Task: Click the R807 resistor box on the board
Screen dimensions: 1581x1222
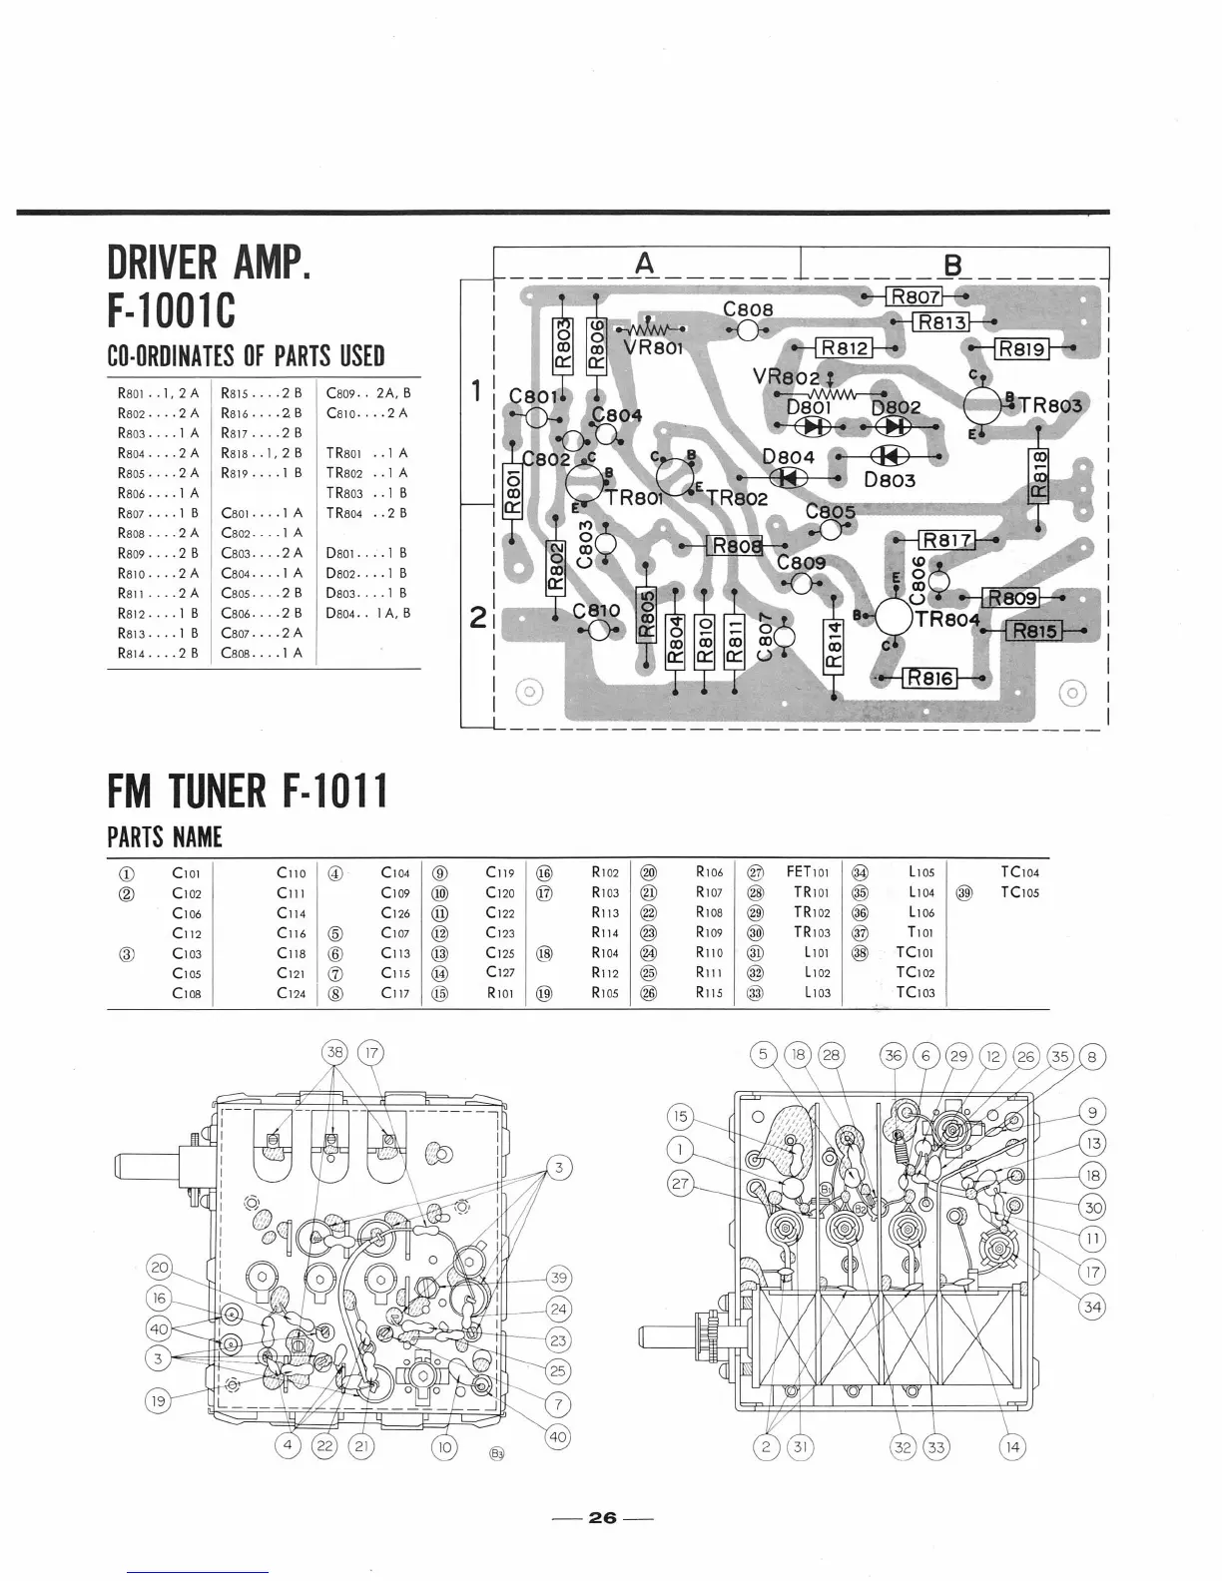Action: click(x=916, y=296)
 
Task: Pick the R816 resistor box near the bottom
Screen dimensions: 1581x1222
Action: click(x=929, y=679)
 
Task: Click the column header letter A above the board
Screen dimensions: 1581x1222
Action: click(x=646, y=263)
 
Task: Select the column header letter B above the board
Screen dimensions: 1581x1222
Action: click(x=952, y=264)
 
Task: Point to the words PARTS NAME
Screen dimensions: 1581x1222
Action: click(x=165, y=837)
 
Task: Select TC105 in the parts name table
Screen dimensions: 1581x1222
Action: click(x=1019, y=892)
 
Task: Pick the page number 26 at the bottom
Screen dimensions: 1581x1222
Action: click(x=602, y=1517)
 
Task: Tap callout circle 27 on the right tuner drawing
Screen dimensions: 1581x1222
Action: click(x=681, y=1184)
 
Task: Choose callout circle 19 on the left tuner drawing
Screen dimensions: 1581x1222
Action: click(x=159, y=1400)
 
